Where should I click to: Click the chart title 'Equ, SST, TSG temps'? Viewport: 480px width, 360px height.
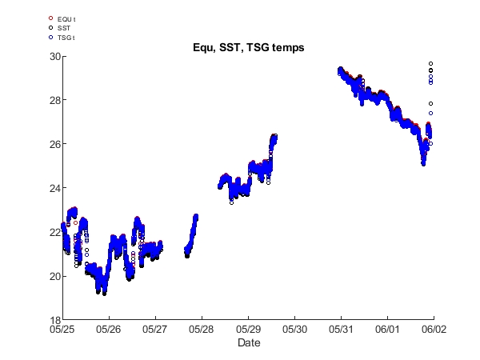point(248,48)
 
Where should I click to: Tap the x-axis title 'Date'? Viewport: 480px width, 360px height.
point(248,342)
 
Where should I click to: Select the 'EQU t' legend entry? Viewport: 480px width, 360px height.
point(67,18)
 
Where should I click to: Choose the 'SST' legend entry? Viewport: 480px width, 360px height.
point(63,27)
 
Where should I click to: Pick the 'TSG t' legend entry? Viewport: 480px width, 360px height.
point(66,37)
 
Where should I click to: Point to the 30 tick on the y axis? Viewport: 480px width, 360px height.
point(53,56)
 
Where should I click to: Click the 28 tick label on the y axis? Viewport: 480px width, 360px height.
point(53,100)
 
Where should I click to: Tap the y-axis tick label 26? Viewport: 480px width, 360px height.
point(53,144)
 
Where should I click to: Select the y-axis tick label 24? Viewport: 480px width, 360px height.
point(53,188)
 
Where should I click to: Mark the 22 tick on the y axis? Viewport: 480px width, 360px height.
point(53,232)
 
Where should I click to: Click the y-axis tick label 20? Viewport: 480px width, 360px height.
point(53,276)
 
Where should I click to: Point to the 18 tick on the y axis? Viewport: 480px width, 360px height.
point(53,320)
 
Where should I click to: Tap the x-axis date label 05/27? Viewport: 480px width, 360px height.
point(155,329)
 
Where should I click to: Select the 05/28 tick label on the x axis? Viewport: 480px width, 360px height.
point(202,329)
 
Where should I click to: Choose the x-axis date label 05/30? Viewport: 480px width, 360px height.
point(294,329)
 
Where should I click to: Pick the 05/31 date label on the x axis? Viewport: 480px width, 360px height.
point(341,329)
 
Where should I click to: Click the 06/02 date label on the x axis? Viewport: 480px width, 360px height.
point(434,329)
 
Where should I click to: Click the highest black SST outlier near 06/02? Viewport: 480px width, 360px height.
point(431,63)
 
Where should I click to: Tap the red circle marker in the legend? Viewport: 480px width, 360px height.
point(51,18)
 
